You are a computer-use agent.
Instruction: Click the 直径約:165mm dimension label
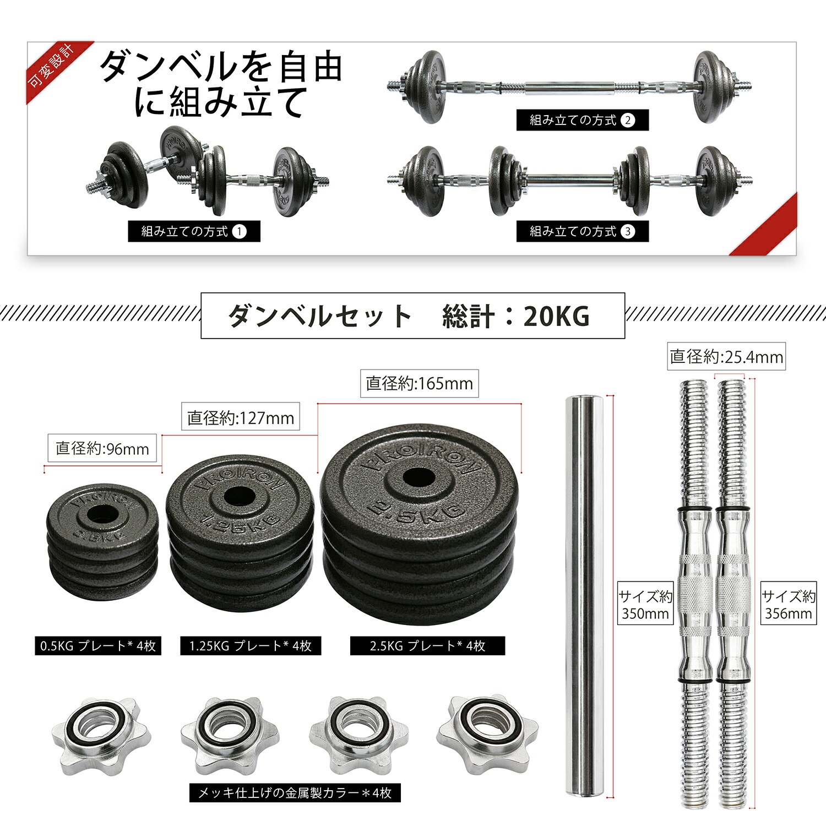click(419, 383)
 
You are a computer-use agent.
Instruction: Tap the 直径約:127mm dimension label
click(241, 418)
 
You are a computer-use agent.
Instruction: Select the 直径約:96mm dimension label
click(102, 448)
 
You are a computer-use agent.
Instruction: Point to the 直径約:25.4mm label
click(726, 357)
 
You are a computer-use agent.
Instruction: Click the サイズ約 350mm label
click(645, 605)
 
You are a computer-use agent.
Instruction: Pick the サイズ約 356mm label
click(789, 605)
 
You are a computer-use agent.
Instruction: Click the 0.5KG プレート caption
click(98, 645)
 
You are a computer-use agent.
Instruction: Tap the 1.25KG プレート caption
click(251, 645)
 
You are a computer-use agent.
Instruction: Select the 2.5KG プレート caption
click(427, 645)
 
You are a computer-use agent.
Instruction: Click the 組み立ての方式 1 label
click(194, 231)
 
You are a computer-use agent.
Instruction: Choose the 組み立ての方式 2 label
click(582, 120)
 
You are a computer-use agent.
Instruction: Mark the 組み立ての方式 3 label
click(582, 231)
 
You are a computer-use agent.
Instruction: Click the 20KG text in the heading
click(556, 316)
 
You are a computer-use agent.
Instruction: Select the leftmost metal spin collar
click(101, 735)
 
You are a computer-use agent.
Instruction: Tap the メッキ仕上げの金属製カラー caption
click(295, 793)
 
